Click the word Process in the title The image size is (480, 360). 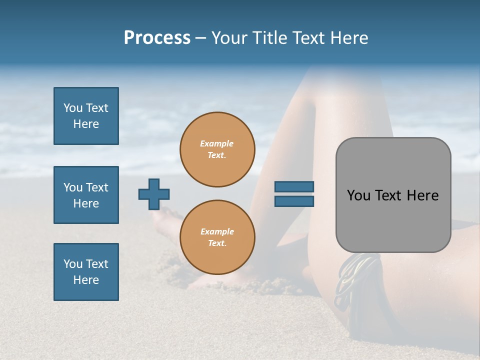(157, 38)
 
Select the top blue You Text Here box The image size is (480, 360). (86, 116)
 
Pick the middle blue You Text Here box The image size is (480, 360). (86, 195)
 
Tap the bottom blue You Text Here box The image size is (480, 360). (86, 272)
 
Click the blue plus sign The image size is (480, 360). (154, 194)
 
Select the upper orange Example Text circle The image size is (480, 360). (217, 149)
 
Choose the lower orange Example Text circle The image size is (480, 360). (217, 237)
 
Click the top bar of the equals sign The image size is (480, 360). (294, 187)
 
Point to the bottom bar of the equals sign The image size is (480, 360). (294, 201)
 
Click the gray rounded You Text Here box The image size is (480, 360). (393, 195)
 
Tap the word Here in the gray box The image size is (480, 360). (422, 195)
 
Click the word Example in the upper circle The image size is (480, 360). (217, 143)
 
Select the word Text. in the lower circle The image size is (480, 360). (217, 243)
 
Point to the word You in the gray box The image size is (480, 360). (358, 195)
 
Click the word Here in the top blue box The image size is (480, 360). (86, 124)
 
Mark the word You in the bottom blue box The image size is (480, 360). (73, 264)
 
